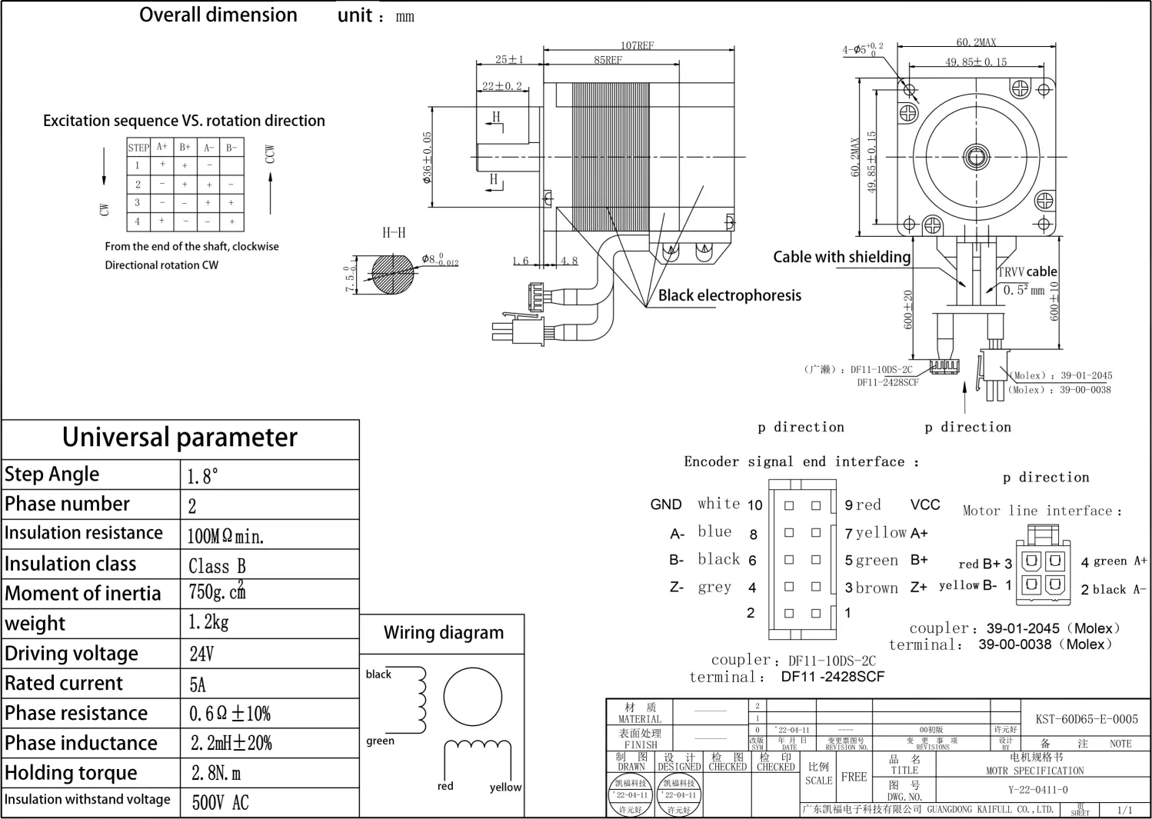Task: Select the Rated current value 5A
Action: [x=198, y=684]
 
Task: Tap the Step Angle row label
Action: [x=52, y=474]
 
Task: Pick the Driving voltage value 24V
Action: [x=201, y=654]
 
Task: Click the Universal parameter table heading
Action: [x=180, y=438]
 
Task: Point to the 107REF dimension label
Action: [x=637, y=45]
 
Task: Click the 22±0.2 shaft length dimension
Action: [x=501, y=86]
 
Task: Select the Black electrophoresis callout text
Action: [x=729, y=295]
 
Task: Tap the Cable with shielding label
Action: [x=841, y=257]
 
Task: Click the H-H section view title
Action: [x=394, y=232]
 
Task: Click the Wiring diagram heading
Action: [x=444, y=633]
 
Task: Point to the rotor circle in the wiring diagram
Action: [x=472, y=695]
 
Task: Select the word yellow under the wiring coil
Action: [x=505, y=787]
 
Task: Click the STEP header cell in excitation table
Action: [x=138, y=148]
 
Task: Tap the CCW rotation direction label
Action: [x=269, y=154]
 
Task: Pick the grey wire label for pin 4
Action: [x=714, y=588]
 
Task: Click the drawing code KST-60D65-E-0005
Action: [x=1086, y=719]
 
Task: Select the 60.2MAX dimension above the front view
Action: [x=976, y=42]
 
